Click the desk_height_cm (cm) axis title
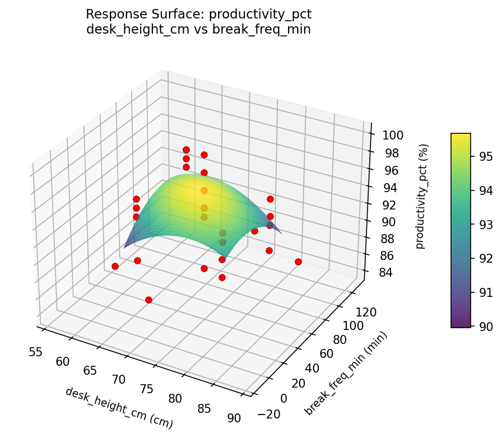[x=119, y=408]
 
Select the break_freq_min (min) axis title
[x=346, y=374]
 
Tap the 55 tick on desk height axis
[x=35, y=352]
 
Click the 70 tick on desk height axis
[x=118, y=380]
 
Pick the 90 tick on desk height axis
[x=234, y=418]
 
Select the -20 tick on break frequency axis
[x=269, y=414]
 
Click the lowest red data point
[x=148, y=300]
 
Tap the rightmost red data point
[x=298, y=262]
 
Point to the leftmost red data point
[x=115, y=266]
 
